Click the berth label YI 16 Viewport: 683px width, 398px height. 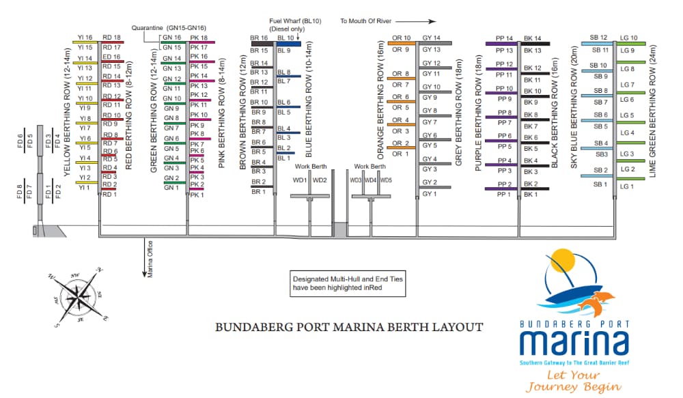coord(85,38)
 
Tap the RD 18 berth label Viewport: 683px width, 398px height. coord(111,38)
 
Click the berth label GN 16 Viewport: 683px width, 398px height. coord(171,38)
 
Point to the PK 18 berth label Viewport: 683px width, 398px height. coord(199,38)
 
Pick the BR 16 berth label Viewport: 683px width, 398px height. coord(259,38)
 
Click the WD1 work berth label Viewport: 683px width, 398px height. coord(299,180)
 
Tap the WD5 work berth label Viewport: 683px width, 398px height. coord(386,180)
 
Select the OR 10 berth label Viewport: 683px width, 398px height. coord(401,38)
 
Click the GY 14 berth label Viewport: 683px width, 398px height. coord(432,38)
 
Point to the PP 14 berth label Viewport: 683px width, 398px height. coord(504,38)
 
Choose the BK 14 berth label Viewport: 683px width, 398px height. coord(532,38)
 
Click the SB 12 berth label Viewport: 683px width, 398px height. coord(599,38)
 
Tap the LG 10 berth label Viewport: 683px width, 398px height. coord(628,38)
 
